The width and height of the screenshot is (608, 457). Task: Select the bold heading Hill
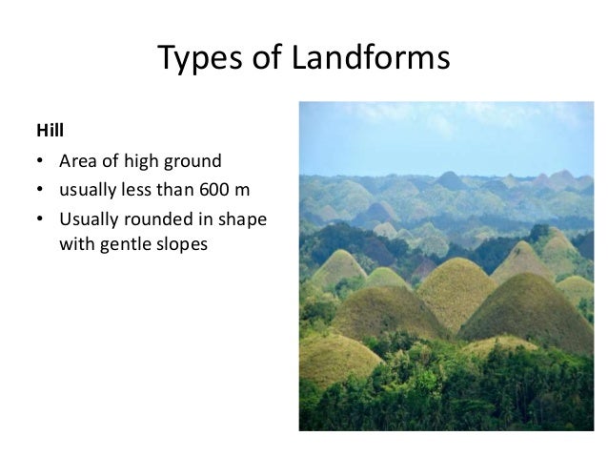(x=49, y=128)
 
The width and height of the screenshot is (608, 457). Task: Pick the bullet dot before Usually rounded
(x=41, y=218)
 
